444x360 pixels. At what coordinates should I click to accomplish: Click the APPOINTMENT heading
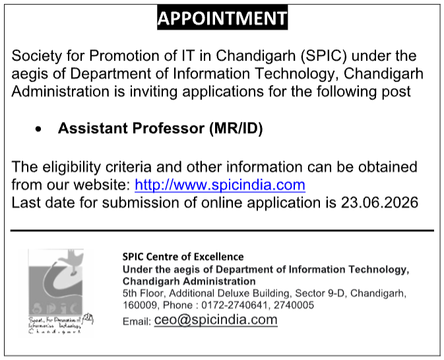pos(222,18)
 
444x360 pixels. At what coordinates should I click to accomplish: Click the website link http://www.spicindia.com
pos(220,185)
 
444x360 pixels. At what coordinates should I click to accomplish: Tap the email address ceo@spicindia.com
pos(216,320)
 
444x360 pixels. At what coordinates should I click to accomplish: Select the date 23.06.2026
pos(379,202)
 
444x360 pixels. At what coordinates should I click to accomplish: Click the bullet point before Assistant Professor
pos(38,129)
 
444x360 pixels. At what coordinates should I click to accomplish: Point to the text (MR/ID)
pos(236,129)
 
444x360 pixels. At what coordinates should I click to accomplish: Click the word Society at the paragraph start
pos(36,56)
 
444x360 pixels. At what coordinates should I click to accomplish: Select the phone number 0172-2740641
pos(234,305)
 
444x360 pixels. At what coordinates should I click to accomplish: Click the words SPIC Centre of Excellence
pos(183,256)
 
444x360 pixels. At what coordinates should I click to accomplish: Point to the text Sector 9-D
pos(320,293)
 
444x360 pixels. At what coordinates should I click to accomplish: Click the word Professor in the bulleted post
pos(168,128)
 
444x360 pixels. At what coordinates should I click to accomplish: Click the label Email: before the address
pos(137,322)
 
